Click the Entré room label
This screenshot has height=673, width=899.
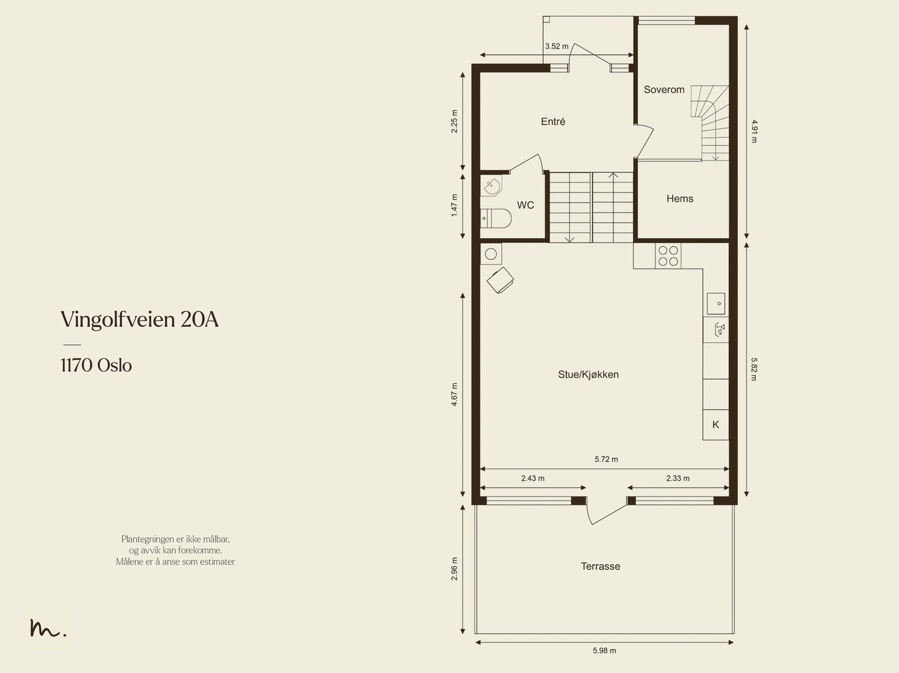[553, 121]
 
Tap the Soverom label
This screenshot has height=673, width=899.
[664, 90]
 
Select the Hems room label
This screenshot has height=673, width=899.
[680, 198]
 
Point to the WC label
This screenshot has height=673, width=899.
[525, 205]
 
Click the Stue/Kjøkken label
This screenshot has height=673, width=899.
[588, 375]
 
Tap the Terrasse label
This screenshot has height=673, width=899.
[601, 566]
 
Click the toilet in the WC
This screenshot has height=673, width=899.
[496, 219]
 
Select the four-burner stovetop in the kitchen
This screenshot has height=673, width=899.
[668, 256]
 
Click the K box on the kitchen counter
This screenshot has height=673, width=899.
[715, 425]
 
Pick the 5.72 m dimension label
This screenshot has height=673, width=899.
[606, 460]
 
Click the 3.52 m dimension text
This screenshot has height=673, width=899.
[557, 46]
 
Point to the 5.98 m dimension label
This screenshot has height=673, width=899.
[604, 651]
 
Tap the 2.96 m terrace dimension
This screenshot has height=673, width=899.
[454, 569]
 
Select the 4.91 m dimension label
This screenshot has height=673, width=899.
[754, 131]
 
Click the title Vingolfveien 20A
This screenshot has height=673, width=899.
[140, 320]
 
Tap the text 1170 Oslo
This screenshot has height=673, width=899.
[96, 366]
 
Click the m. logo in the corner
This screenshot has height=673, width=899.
[48, 628]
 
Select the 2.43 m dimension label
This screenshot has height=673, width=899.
[533, 478]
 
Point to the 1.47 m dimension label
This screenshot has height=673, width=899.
[454, 205]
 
